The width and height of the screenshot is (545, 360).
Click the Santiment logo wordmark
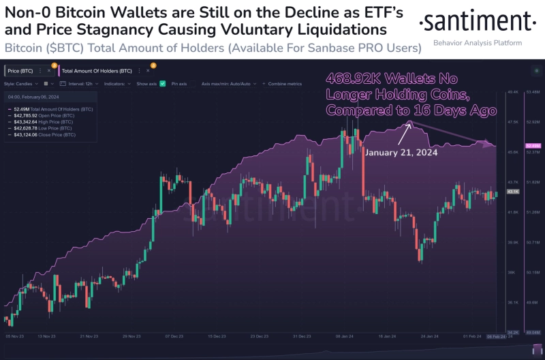point(477,22)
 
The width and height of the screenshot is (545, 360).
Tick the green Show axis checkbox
point(162,83)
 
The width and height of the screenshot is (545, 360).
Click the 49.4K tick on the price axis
point(513,92)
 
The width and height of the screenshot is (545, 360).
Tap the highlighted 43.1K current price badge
point(514,192)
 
